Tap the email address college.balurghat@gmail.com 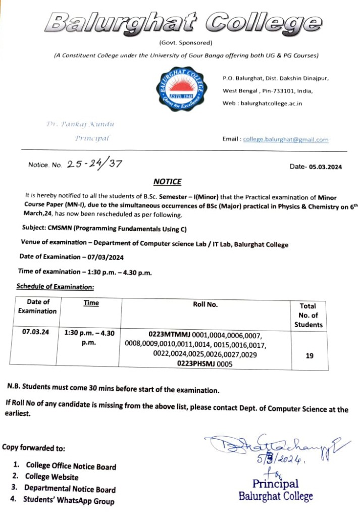coord(285,140)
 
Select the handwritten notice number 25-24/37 coord(94,164)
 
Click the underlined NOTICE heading coord(167,182)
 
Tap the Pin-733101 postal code coord(287,91)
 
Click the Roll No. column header coord(205,304)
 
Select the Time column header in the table coord(91,303)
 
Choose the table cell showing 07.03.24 coord(35,332)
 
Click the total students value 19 coord(310,355)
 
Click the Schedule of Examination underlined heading coord(55,287)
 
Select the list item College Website coord(52,477)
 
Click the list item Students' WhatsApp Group coord(69,501)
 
